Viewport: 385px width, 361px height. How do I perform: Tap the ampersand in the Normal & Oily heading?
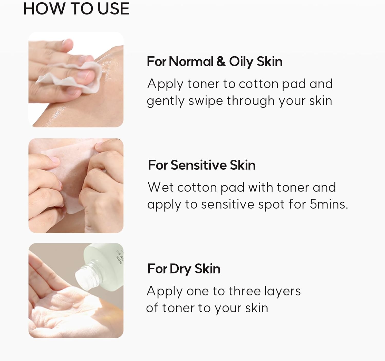[221, 62]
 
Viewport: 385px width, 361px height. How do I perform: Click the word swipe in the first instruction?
[206, 101]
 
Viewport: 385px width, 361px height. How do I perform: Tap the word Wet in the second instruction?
[160, 187]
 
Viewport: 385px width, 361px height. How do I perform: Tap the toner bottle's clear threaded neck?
[89, 274]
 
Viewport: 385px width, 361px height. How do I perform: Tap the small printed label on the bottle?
[119, 255]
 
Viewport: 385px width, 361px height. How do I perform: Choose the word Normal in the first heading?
[191, 62]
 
